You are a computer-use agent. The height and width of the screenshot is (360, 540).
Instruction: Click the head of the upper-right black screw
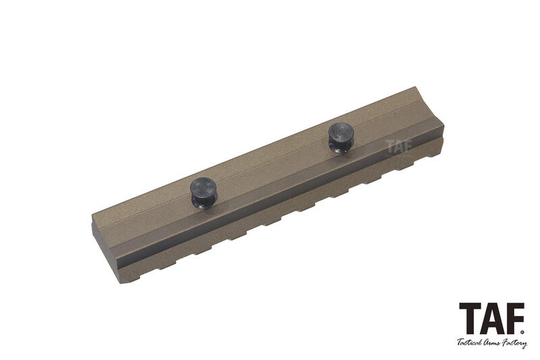coord(342,132)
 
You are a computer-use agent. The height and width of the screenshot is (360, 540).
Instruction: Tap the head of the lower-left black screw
coord(203,186)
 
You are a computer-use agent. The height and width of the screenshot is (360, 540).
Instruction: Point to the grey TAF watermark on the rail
coord(399,146)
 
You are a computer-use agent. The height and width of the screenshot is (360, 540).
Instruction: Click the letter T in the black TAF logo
coord(470,318)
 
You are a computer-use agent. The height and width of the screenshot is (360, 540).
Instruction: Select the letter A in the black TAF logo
coord(493,318)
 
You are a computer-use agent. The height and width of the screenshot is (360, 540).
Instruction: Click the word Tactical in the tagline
coord(468,342)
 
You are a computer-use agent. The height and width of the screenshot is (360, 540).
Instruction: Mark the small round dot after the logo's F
coord(522,332)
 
